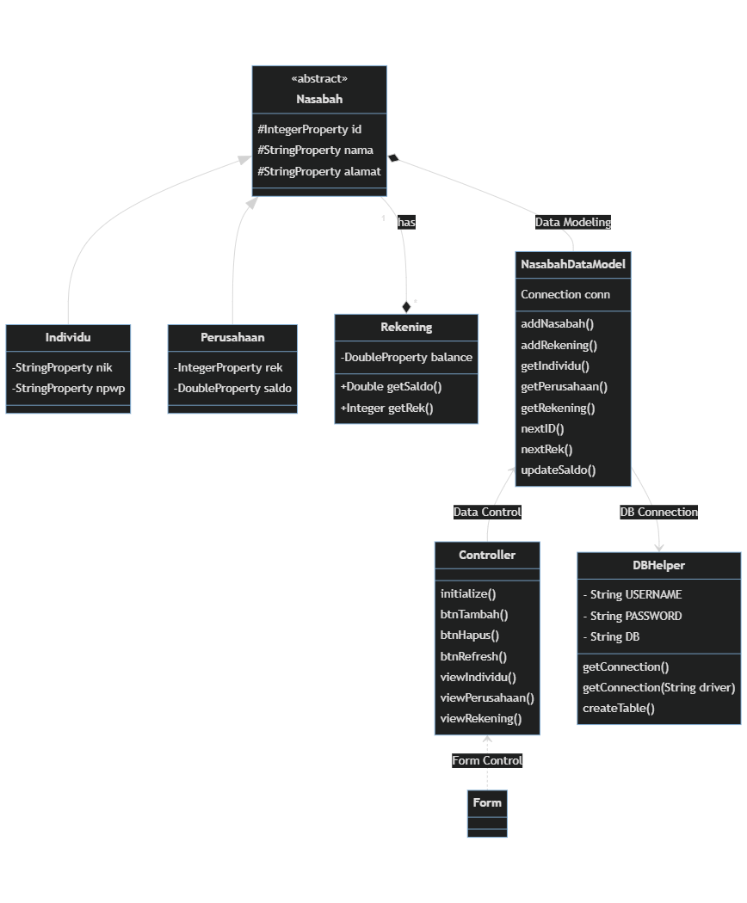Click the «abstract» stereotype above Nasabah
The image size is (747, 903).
tap(319, 79)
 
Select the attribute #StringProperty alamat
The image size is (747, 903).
tap(319, 171)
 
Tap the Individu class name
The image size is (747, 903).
tap(68, 337)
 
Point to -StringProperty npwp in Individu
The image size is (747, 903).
tap(68, 388)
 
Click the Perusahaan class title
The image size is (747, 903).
tap(232, 337)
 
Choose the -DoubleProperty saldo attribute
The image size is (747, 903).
tap(232, 388)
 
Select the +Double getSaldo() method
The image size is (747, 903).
tap(391, 387)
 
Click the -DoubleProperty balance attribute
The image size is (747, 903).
tap(406, 357)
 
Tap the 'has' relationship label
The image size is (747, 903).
tap(406, 222)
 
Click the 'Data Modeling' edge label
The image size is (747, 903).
tap(573, 222)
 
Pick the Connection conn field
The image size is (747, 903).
tap(565, 294)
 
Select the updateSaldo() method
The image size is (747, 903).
tap(559, 470)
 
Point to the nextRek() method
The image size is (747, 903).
tap(546, 449)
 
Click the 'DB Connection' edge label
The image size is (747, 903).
tap(658, 512)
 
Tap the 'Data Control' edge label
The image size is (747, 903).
tap(487, 512)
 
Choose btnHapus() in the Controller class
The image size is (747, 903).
tap(470, 636)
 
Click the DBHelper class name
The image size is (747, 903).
tap(659, 565)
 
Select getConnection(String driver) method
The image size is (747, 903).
tap(658, 687)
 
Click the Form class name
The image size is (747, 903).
tap(487, 802)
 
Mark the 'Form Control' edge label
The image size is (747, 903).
tap(487, 760)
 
